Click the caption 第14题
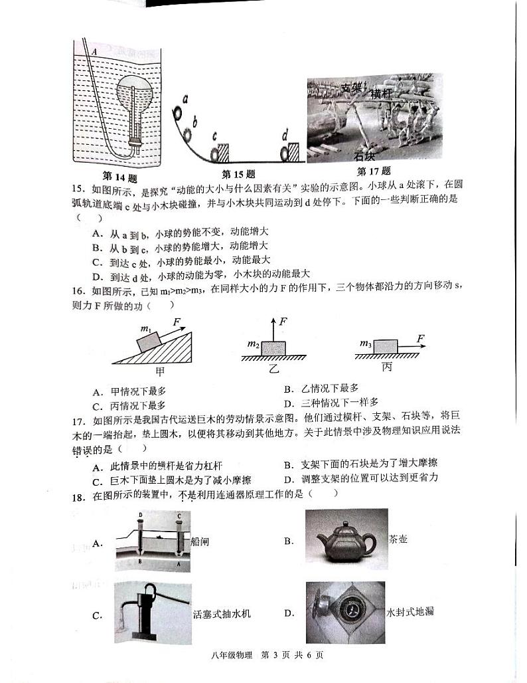tap(119, 177)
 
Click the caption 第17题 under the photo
tap(374, 171)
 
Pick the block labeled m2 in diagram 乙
tap(273, 347)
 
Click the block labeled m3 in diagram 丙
tap(385, 346)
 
